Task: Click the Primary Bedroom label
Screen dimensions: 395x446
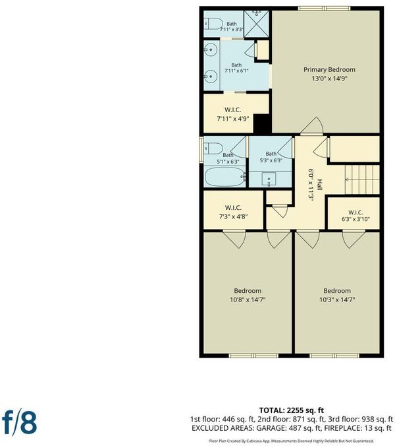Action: pos(329,70)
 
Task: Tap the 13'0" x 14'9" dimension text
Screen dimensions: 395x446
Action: pos(329,79)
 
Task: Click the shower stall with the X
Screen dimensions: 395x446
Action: pos(256,24)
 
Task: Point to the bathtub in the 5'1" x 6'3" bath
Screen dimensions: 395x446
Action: pos(224,176)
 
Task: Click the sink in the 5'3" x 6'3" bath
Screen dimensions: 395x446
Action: pos(269,179)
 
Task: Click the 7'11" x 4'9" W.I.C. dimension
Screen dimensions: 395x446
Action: pos(232,119)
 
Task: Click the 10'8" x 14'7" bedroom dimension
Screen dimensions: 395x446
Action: pos(248,300)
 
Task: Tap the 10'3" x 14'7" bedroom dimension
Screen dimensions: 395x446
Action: pos(337,300)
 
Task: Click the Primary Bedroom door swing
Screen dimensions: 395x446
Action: pos(312,126)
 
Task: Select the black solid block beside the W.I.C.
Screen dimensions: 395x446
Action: pos(261,124)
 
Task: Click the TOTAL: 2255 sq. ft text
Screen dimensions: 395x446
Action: pos(292,410)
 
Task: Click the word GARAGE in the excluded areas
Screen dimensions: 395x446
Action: pos(271,428)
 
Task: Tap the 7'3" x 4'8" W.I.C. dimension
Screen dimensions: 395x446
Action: pos(233,216)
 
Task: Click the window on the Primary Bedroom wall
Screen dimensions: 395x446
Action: pos(324,9)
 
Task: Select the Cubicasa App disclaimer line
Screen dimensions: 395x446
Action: pos(292,441)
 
